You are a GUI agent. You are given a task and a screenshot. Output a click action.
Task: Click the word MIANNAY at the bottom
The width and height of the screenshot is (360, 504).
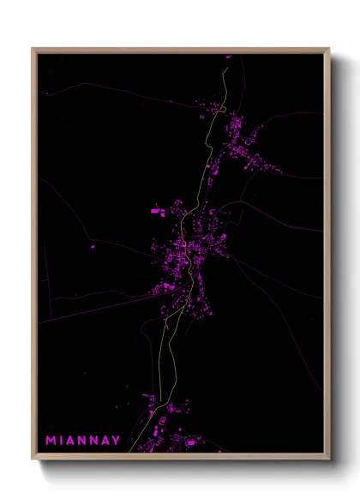[x=83, y=441]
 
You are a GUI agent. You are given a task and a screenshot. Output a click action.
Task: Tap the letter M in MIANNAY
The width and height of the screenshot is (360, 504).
[x=51, y=441]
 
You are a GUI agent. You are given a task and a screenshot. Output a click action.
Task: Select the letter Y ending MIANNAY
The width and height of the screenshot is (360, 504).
[x=117, y=441]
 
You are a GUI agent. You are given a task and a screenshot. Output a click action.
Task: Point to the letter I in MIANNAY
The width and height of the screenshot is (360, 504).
[x=62, y=441]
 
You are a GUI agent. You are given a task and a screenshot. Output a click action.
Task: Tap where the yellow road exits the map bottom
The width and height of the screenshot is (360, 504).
[x=130, y=452]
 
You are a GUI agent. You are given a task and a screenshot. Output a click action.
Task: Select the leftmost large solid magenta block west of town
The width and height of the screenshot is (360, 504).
[x=156, y=209]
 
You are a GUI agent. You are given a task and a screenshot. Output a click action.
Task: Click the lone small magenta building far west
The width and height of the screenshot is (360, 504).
[x=93, y=248]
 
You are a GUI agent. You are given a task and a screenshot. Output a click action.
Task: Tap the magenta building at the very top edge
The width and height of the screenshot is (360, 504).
[x=229, y=57]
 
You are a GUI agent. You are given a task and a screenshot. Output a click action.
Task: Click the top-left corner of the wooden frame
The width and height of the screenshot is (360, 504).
[x=33, y=49]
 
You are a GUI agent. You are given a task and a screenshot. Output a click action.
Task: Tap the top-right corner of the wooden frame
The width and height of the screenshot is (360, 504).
[x=328, y=49]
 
